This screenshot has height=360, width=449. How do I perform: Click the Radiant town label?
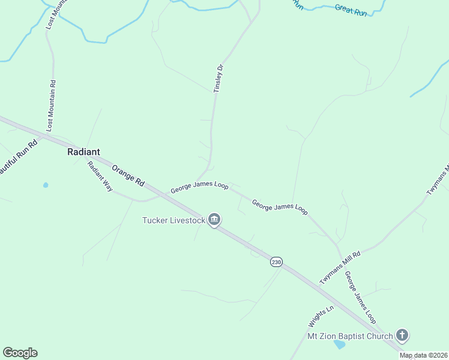[83, 152]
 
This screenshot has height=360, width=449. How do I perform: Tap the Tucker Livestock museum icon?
[214, 220]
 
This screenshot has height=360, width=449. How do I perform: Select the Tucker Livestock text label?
[173, 220]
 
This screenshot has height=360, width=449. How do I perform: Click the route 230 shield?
[276, 262]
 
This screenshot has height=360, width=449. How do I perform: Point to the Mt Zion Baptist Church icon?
[402, 336]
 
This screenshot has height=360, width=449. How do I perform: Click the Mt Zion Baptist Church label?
[350, 336]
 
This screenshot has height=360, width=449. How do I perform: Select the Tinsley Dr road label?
[218, 78]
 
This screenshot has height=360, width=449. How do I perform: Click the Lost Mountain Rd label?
[51, 106]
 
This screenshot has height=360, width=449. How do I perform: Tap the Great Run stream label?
[351, 10]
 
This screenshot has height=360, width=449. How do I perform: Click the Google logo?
[20, 352]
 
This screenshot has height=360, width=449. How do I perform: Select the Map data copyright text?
[424, 355]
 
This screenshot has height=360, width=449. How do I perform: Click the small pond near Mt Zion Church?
[340, 344]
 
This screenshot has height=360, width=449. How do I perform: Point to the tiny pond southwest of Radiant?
[46, 185]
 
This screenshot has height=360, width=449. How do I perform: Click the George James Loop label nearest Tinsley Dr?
[199, 188]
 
